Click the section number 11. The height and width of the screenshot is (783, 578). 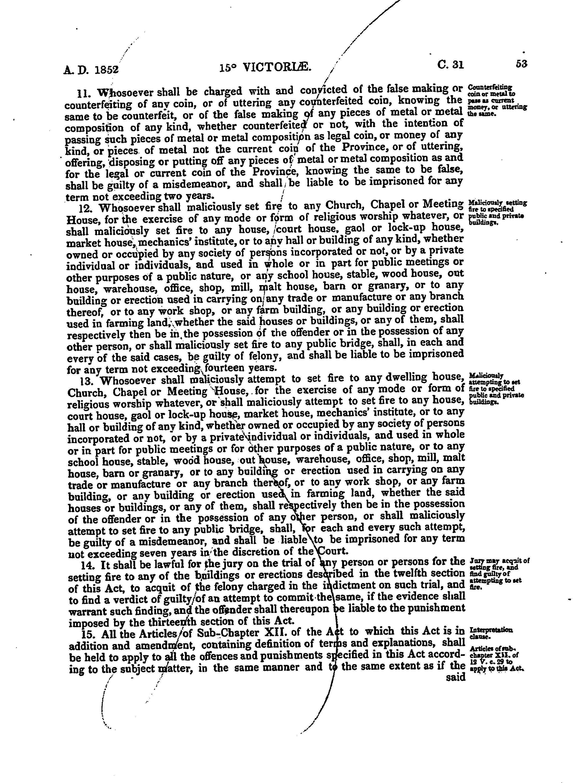click(84, 93)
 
